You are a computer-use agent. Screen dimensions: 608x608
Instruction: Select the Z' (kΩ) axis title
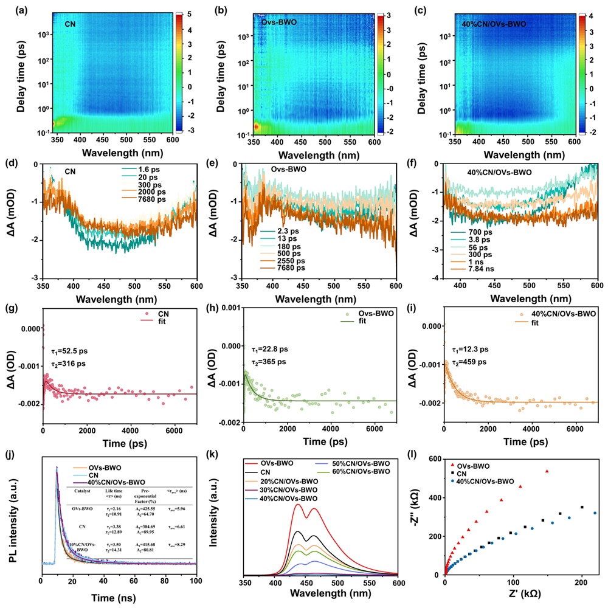pos(523,599)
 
